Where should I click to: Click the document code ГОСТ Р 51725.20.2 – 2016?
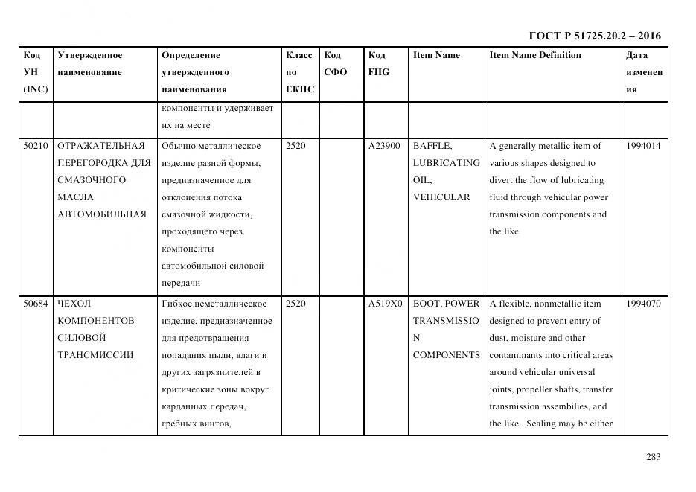[x=594, y=36]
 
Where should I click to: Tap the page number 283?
[x=653, y=457]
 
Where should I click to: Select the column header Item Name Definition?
[x=534, y=55]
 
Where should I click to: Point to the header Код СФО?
[x=336, y=64]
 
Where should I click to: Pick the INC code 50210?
[x=35, y=146]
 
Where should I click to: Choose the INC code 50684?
[x=35, y=304]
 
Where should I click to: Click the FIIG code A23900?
[x=384, y=146]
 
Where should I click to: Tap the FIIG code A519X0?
[x=385, y=304]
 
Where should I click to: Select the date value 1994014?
[x=643, y=146]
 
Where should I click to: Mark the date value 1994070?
[x=643, y=304]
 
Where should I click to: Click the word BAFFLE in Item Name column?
[x=432, y=146]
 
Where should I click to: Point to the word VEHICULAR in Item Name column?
[x=441, y=197]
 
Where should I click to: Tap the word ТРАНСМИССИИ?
[x=95, y=355]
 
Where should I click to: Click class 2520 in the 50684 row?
[x=296, y=304]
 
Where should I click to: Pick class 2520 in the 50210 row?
[x=296, y=146]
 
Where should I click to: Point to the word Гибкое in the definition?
[x=177, y=304]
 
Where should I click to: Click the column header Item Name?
[x=436, y=55]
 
